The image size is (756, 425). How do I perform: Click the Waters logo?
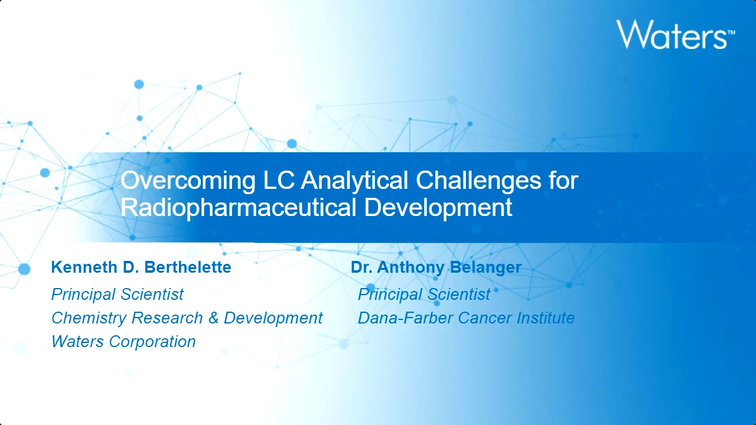click(x=675, y=34)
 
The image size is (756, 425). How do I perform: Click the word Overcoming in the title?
click(x=188, y=181)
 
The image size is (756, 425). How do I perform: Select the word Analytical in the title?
click(x=354, y=181)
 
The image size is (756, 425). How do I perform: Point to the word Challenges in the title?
click(x=478, y=181)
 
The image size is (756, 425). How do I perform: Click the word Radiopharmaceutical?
click(x=239, y=208)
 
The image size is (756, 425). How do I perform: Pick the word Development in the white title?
click(x=438, y=208)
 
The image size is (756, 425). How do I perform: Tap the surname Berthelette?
click(x=188, y=267)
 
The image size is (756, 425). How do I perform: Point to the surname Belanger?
click(x=485, y=268)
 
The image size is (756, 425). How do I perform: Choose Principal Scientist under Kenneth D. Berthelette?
click(x=118, y=295)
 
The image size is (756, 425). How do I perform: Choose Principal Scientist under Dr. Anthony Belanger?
click(x=424, y=295)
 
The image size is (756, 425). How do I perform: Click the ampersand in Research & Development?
click(x=213, y=318)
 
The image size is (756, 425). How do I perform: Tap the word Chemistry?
click(x=89, y=318)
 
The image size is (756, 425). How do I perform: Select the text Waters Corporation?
click(x=123, y=342)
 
